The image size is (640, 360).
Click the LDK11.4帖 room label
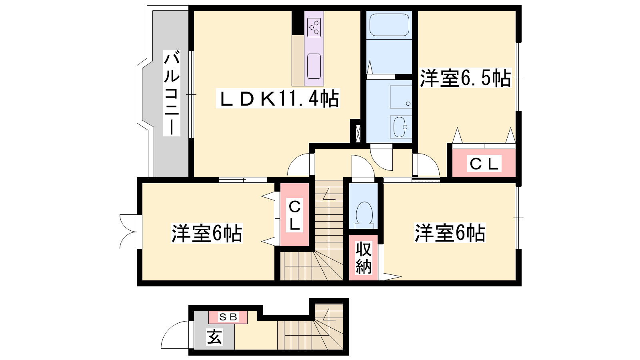click(278, 98)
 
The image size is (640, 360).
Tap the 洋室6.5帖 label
click(465, 78)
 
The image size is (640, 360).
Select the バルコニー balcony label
click(172, 93)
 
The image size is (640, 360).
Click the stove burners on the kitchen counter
click(314, 28)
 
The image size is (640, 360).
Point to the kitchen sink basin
click(314, 66)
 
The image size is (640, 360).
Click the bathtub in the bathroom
click(389, 25)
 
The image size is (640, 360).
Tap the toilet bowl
click(364, 214)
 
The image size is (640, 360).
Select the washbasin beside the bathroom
click(400, 127)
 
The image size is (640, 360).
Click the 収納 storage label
click(364, 258)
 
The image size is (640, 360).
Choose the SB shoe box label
click(228, 317)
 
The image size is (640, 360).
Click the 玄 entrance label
click(214, 337)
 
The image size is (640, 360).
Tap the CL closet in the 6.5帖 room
click(484, 164)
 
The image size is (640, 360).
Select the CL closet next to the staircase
click(294, 214)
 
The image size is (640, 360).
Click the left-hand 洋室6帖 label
click(206, 233)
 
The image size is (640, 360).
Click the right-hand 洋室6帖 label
click(450, 233)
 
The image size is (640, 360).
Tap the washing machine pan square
click(401, 97)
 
